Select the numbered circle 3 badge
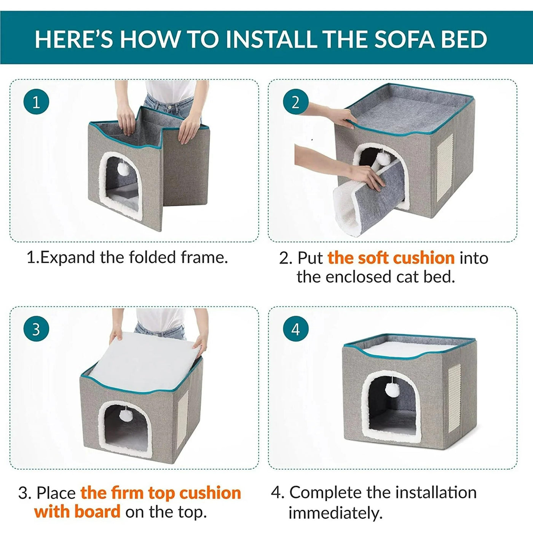(36, 329)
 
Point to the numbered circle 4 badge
(295, 329)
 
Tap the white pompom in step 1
(123, 168)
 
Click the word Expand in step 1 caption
(68, 258)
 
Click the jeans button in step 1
(169, 107)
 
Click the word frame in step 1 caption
(204, 257)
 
